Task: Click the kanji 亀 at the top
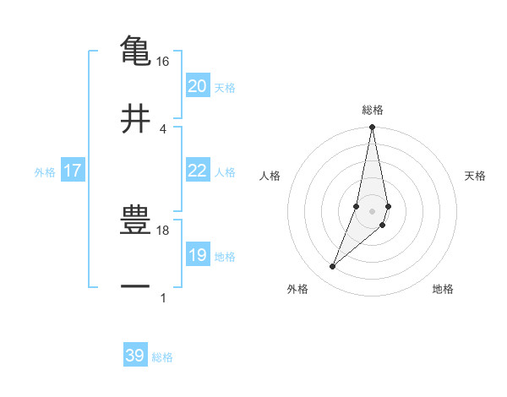135,50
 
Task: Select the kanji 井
135,117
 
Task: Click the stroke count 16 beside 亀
162,62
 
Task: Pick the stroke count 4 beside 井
162,129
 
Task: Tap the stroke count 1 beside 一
162,298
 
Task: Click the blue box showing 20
197,86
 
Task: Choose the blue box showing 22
197,171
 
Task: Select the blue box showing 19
197,255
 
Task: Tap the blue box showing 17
72,171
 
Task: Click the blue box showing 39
135,356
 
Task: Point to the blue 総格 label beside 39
162,357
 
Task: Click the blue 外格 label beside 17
45,172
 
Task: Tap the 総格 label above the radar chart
373,110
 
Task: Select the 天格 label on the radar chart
476,176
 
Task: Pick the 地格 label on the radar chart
443,289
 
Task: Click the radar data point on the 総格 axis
372,128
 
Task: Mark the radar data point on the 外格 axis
333,267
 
